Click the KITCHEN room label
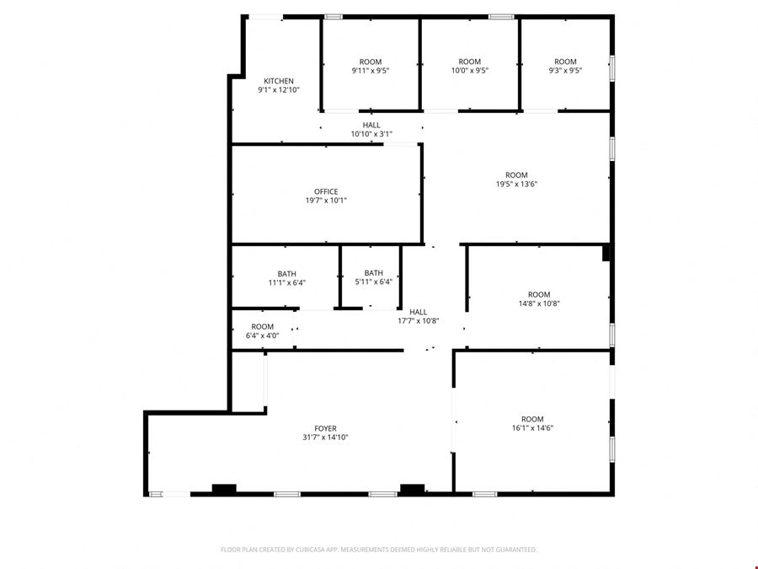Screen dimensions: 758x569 [279, 81]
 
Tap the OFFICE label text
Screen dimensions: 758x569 [326, 191]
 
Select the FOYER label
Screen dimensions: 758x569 [325, 428]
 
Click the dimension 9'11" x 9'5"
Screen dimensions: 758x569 [371, 70]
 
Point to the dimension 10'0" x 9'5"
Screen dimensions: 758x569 [469, 70]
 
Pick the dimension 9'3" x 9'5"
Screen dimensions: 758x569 [565, 70]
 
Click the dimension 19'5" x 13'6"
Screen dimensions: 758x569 [516, 184]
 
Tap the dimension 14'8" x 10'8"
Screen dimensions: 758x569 [539, 303]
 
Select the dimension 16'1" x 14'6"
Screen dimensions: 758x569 [532, 427]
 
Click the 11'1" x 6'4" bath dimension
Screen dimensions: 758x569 [286, 282]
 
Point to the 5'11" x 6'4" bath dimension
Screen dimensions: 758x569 [373, 282]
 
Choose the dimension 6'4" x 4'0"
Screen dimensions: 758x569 [262, 335]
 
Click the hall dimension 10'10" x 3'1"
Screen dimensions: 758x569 [371, 134]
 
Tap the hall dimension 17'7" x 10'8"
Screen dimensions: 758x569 [418, 321]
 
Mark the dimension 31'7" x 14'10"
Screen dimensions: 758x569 [325, 437]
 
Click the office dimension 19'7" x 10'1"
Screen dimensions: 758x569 [326, 201]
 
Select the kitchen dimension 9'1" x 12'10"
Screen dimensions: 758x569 [279, 89]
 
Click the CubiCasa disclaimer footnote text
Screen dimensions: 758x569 [378, 550]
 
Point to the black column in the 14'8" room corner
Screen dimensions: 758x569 [606, 253]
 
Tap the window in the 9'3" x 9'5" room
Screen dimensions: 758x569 [611, 67]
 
